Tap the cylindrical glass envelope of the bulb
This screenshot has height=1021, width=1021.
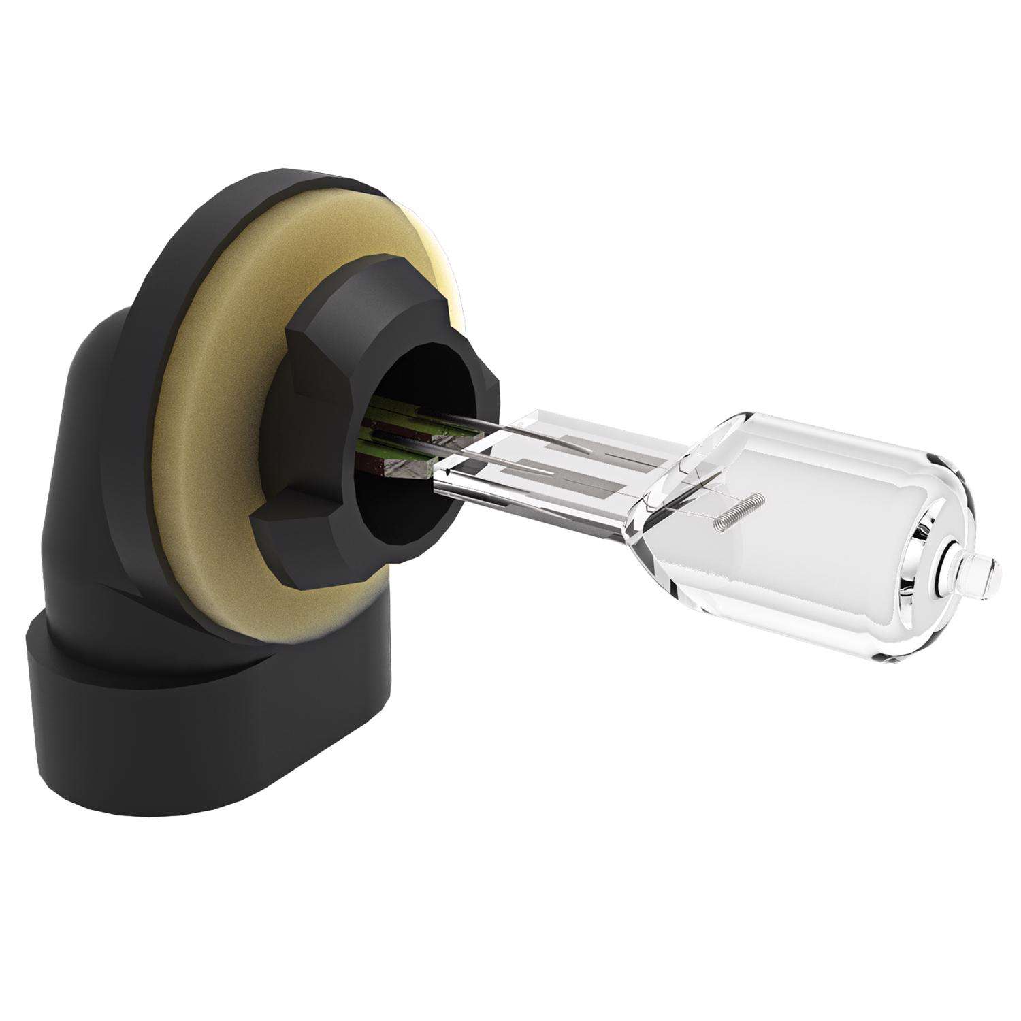coord(817,531)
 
